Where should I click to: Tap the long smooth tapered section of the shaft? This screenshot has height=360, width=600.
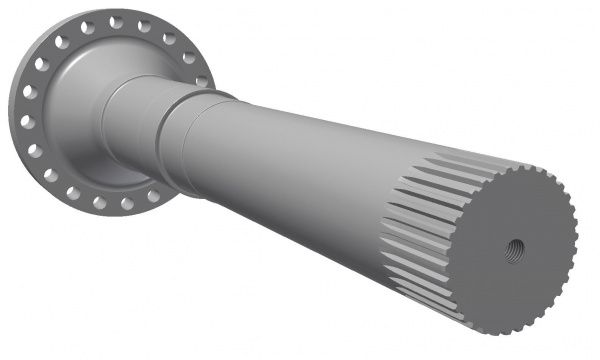[x=300, y=160]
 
